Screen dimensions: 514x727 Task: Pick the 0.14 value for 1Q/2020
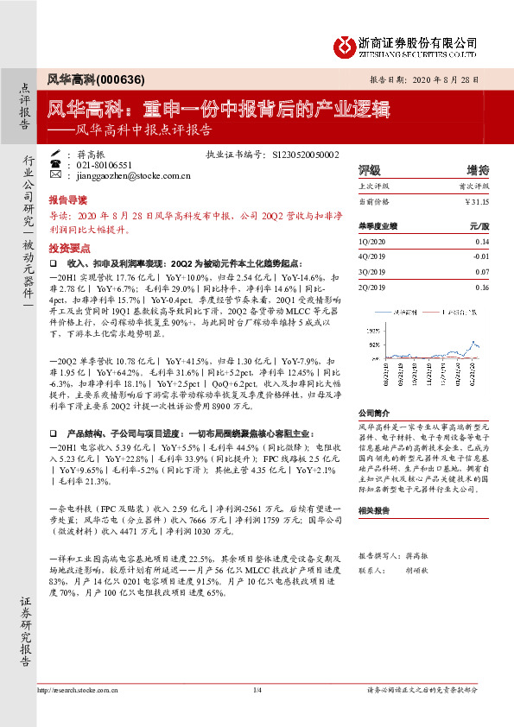click(x=482, y=243)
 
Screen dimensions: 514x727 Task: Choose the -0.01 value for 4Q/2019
click(x=480, y=256)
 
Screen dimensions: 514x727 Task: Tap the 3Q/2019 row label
click(x=373, y=270)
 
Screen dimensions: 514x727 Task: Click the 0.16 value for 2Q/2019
click(x=482, y=284)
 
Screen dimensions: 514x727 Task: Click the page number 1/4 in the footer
click(x=257, y=713)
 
